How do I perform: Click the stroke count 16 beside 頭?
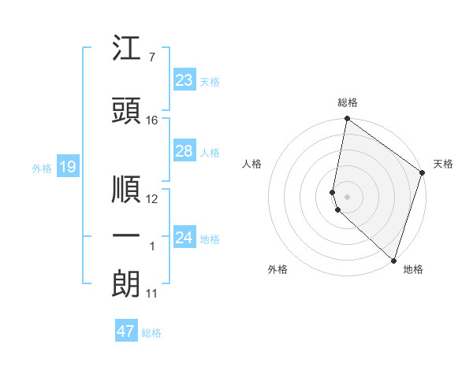click(x=152, y=120)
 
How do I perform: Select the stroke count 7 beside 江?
click(x=151, y=57)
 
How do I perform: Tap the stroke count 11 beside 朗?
click(x=151, y=294)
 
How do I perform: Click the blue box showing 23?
click(x=184, y=80)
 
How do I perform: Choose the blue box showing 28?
click(x=184, y=151)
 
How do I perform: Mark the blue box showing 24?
click(x=184, y=238)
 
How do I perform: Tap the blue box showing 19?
click(x=67, y=167)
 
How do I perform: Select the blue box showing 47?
click(x=126, y=331)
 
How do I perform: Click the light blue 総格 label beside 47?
click(x=151, y=333)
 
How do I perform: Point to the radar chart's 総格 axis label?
click(x=348, y=103)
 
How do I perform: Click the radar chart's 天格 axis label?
click(x=443, y=165)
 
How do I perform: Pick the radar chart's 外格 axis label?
click(x=277, y=269)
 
